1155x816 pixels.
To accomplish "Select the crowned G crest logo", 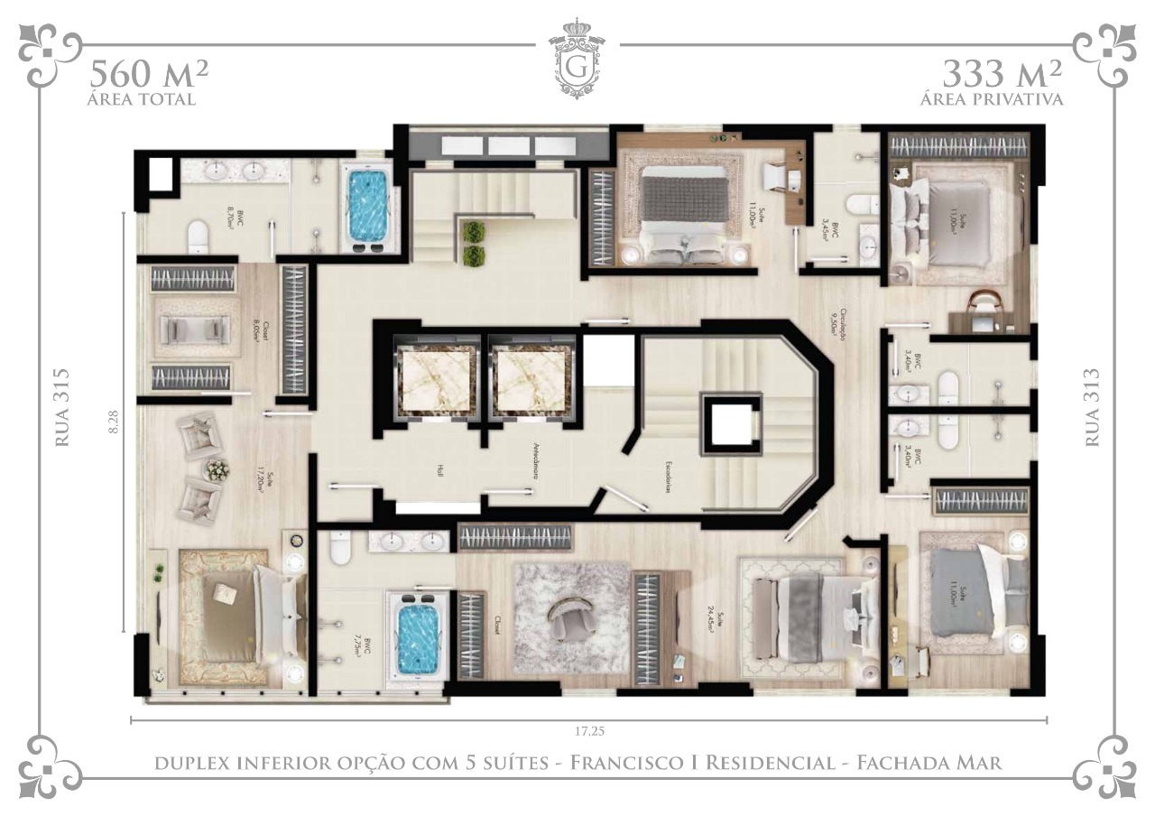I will (577, 59).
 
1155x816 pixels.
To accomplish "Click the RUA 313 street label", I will (1091, 406).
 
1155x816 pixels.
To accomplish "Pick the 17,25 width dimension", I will (588, 730).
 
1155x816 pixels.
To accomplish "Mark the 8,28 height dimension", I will (114, 422).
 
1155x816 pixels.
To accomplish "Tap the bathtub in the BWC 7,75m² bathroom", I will (418, 637).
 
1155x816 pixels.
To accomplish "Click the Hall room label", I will (440, 471).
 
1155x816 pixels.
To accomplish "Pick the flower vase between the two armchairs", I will (217, 469).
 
